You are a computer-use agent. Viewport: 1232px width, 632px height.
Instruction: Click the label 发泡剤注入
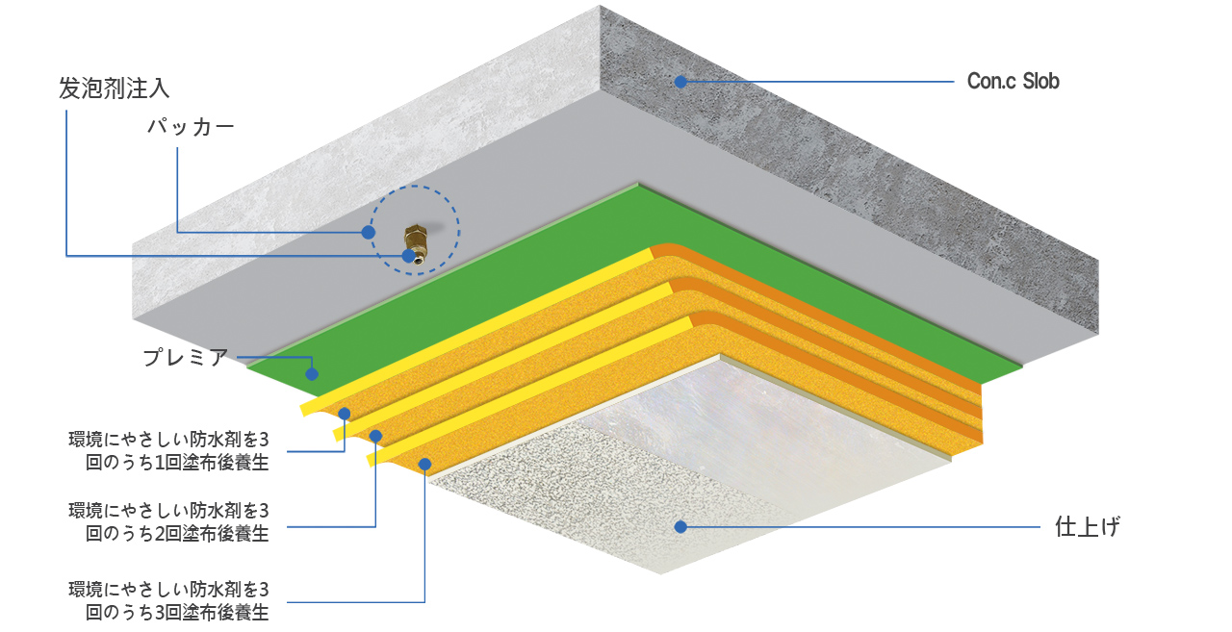pyautogui.click(x=114, y=88)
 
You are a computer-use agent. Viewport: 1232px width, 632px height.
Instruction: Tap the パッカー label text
pyautogui.click(x=191, y=127)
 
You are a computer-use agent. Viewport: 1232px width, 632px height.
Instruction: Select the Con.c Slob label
pyautogui.click(x=1014, y=82)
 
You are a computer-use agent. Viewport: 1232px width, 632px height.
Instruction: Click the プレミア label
pyautogui.click(x=186, y=357)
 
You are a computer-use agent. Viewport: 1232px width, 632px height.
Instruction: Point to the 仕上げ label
pyautogui.click(x=1088, y=526)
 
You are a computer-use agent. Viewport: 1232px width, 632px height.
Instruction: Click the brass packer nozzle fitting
pyautogui.click(x=416, y=243)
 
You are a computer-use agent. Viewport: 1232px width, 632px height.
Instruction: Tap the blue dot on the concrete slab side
pyautogui.click(x=680, y=82)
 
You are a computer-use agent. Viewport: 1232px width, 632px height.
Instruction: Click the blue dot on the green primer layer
pyautogui.click(x=312, y=374)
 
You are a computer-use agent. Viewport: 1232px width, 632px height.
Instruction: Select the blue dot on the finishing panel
pyautogui.click(x=680, y=527)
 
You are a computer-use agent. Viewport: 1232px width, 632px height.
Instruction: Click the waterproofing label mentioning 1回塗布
pyautogui.click(x=168, y=450)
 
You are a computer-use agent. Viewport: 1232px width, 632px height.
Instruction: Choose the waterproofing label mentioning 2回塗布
pyautogui.click(x=168, y=522)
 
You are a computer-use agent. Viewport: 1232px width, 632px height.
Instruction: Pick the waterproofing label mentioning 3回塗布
pyautogui.click(x=168, y=600)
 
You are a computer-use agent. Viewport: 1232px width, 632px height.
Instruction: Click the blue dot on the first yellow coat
pyautogui.click(x=345, y=414)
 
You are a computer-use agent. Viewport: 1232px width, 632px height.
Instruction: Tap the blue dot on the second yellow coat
pyautogui.click(x=375, y=437)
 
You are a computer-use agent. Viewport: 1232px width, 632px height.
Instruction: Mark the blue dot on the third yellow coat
pyautogui.click(x=424, y=465)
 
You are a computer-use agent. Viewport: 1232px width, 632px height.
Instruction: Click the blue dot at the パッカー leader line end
pyautogui.click(x=369, y=233)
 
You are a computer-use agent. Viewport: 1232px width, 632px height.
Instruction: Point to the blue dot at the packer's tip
pyautogui.click(x=408, y=256)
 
